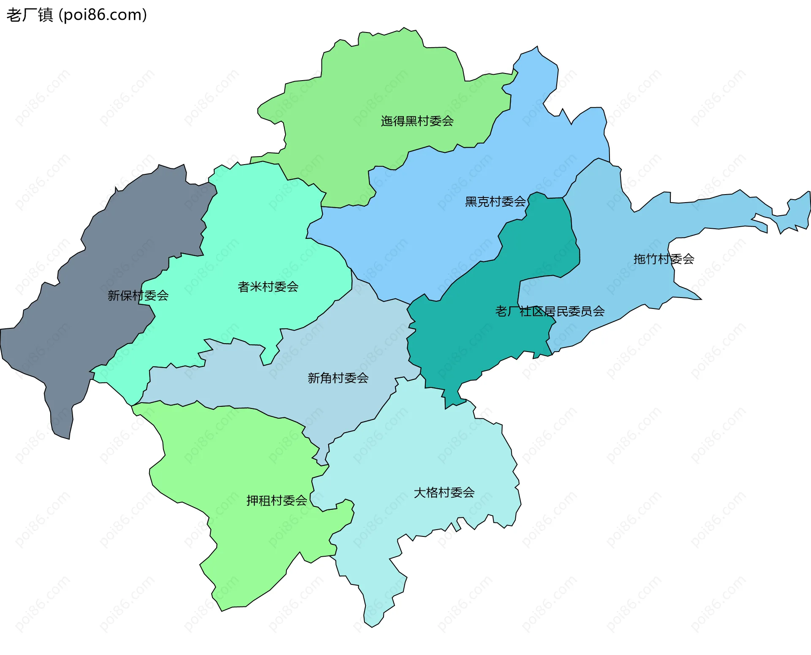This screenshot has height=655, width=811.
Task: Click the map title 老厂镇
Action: click(30, 15)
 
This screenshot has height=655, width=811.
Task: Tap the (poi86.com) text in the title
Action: click(103, 15)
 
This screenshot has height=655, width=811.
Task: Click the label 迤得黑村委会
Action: click(417, 121)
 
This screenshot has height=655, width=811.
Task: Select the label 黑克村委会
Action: click(495, 202)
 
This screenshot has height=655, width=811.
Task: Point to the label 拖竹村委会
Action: click(664, 259)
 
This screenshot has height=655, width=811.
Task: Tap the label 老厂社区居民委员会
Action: click(550, 311)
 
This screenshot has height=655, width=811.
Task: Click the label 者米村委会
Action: click(268, 287)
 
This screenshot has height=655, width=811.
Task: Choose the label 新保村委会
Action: click(138, 295)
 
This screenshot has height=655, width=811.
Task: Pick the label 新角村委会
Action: click(338, 378)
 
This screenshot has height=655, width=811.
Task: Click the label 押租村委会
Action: click(277, 501)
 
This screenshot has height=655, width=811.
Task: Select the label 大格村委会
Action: click(444, 493)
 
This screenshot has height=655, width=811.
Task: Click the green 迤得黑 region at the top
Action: click(380, 84)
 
